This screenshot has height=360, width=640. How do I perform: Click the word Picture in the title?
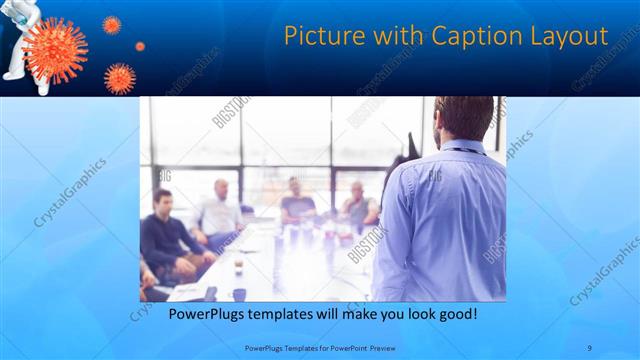pos(322,36)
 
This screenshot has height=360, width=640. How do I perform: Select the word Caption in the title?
pos(481,37)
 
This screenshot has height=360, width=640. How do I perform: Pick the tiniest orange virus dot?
pos(140,46)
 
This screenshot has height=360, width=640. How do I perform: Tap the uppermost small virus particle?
pos(111,24)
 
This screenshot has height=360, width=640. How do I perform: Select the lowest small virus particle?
pos(120,77)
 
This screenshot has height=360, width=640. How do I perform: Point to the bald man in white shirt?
pos(220,210)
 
